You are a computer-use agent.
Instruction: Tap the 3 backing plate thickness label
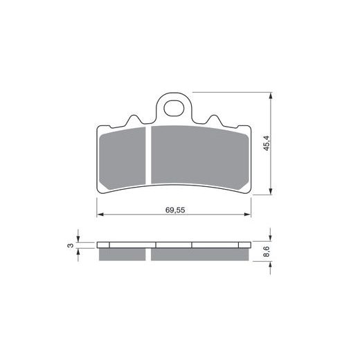click(70, 244)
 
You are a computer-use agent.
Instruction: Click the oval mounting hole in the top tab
click(174, 108)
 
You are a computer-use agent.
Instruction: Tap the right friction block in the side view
click(199, 254)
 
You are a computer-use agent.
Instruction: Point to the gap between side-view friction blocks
click(150, 254)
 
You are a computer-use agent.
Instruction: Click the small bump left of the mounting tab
click(132, 122)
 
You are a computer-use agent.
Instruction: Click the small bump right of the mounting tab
click(217, 122)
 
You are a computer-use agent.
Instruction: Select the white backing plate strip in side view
click(173, 244)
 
